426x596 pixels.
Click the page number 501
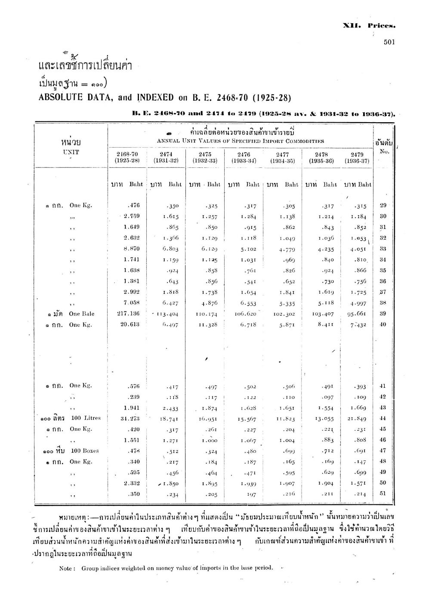(x=389, y=42)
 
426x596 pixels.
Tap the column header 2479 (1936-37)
(x=357, y=157)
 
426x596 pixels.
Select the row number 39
(x=383, y=314)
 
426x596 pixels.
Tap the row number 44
(x=383, y=418)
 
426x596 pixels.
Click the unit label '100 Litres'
(x=86, y=418)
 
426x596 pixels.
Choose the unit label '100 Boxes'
(x=85, y=451)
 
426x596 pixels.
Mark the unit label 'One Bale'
(x=82, y=314)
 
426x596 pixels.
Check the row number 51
(x=383, y=494)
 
